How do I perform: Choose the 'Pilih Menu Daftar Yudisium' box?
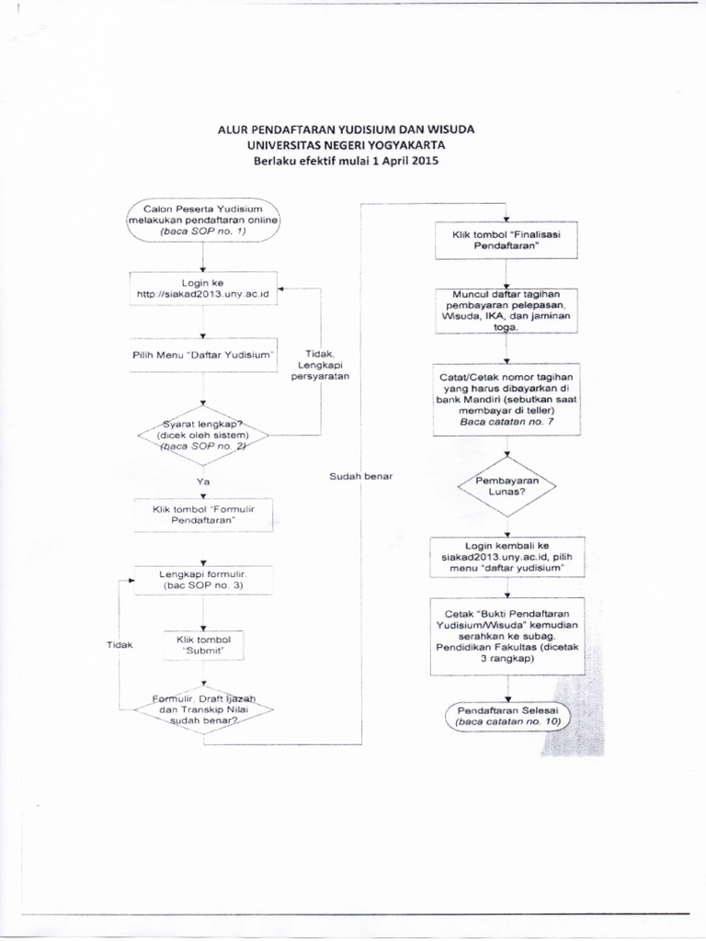(x=203, y=354)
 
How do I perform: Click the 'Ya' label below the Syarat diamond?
(x=203, y=480)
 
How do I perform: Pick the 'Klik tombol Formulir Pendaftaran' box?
(x=203, y=513)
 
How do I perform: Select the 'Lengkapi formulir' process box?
(x=203, y=579)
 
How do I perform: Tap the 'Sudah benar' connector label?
(x=359, y=475)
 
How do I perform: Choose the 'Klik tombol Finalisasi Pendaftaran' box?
(x=506, y=242)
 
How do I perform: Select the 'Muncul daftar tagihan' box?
(x=506, y=310)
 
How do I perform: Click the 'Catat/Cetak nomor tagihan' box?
(x=506, y=396)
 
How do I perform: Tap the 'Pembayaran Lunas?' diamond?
(x=506, y=486)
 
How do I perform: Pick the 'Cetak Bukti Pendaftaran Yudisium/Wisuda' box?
(x=506, y=635)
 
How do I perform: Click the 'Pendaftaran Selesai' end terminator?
(x=506, y=717)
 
